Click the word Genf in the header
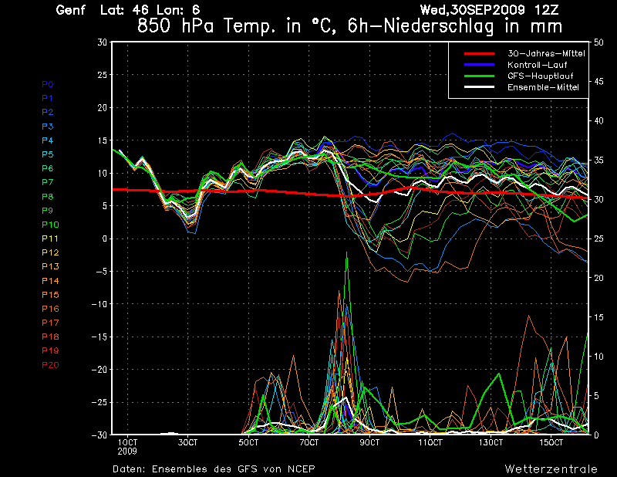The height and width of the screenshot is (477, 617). (x=71, y=10)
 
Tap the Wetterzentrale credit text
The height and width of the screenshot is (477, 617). (x=551, y=469)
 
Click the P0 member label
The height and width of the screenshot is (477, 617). (x=48, y=84)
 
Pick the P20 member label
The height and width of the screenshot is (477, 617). (x=50, y=365)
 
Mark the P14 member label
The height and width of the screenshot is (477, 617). (x=50, y=281)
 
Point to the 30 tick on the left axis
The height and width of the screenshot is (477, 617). (x=102, y=42)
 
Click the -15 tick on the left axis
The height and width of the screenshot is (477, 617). (x=99, y=337)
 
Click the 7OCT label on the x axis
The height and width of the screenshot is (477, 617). (x=308, y=443)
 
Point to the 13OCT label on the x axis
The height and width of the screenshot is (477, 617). (x=491, y=443)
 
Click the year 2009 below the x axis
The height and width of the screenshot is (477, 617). (x=128, y=452)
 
